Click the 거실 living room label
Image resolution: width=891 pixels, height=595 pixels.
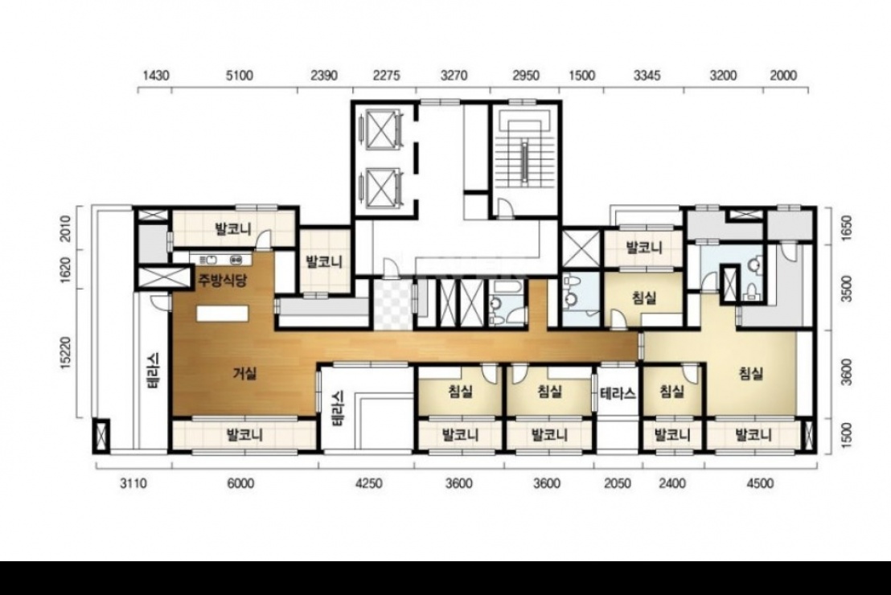(245, 373)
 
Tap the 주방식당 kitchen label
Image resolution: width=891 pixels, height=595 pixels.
(222, 280)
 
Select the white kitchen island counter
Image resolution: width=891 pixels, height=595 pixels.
(223, 314)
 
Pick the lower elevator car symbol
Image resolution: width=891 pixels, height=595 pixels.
(380, 187)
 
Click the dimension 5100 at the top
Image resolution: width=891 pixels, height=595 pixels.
(239, 75)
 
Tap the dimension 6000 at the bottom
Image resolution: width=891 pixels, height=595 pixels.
(240, 483)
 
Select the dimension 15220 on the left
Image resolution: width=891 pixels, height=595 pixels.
(65, 353)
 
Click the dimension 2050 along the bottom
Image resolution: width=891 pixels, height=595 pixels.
(617, 483)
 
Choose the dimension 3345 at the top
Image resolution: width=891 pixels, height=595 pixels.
(647, 75)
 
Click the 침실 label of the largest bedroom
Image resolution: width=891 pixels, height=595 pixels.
(750, 373)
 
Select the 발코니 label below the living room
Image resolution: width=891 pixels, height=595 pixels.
(244, 435)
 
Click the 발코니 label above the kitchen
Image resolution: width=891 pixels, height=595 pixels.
(233, 229)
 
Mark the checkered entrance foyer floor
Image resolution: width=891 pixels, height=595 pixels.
(392, 305)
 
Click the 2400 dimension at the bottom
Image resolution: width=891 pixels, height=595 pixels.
(672, 483)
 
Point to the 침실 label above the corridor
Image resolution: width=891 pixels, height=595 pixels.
(644, 297)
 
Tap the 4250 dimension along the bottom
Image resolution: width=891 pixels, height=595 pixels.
(368, 483)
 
